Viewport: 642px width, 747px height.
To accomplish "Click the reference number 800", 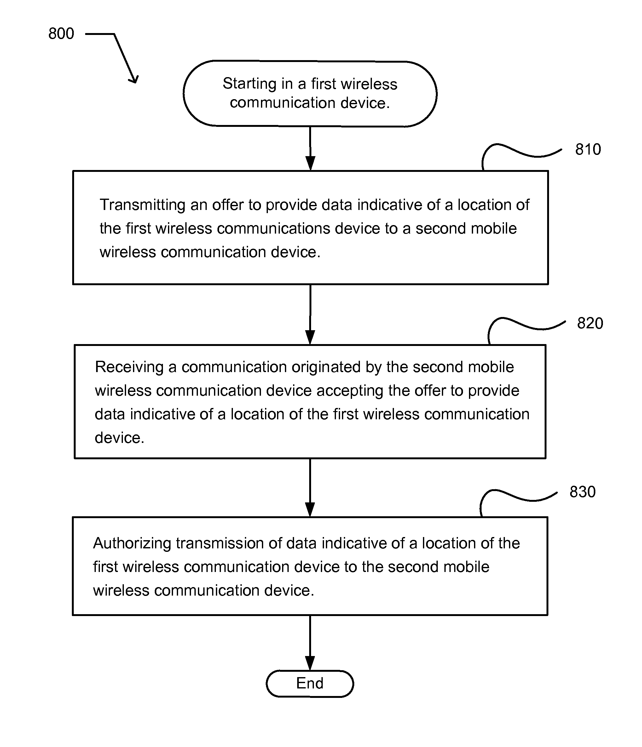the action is click(x=61, y=34).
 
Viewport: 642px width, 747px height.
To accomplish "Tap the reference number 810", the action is click(x=588, y=149).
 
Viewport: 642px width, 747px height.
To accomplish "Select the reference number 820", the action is click(x=590, y=323).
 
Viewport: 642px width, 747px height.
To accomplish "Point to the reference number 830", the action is click(x=582, y=492).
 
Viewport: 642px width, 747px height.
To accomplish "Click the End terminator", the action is click(x=309, y=683).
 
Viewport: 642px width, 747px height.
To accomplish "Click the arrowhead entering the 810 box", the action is click(x=310, y=163).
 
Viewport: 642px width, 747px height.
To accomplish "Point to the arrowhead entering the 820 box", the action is click(x=310, y=337).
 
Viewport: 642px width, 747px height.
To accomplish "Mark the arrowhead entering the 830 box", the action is click(x=310, y=509).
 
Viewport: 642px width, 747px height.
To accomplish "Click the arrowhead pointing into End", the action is click(x=310, y=663).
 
